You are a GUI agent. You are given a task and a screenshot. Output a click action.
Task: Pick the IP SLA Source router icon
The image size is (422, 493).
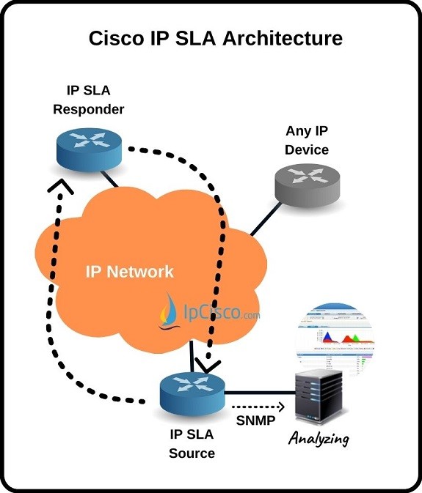(x=192, y=391)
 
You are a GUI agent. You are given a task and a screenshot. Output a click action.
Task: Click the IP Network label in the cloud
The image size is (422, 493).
(x=130, y=272)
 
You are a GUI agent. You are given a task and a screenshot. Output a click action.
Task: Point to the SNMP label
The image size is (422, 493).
(x=255, y=422)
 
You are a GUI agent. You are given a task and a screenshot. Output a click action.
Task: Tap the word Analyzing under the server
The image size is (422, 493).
(x=319, y=440)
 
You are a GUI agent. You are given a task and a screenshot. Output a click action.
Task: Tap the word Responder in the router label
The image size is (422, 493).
(x=89, y=109)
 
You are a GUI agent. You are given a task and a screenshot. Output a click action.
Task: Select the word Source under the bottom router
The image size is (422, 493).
(x=192, y=453)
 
